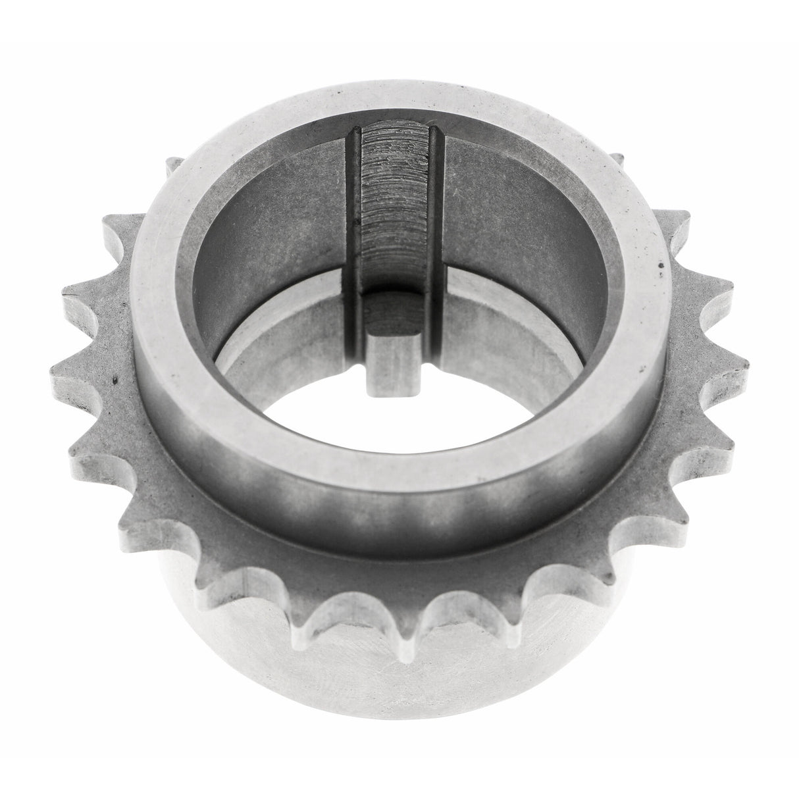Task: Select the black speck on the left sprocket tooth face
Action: coord(116,380)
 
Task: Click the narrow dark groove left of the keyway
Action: coord(354,217)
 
